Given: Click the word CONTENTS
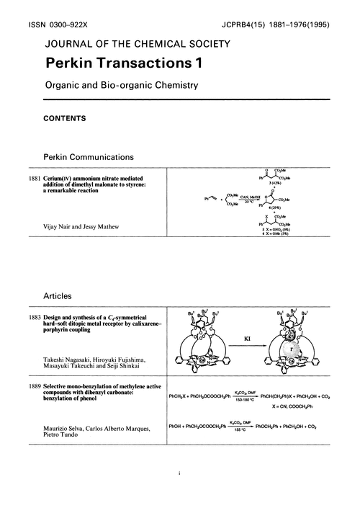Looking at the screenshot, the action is click(65, 118).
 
